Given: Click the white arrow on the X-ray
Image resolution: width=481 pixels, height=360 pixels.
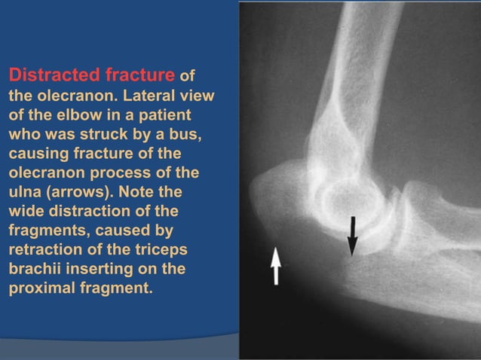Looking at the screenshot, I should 276,266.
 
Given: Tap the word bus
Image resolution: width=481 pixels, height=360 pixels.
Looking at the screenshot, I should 185,135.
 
